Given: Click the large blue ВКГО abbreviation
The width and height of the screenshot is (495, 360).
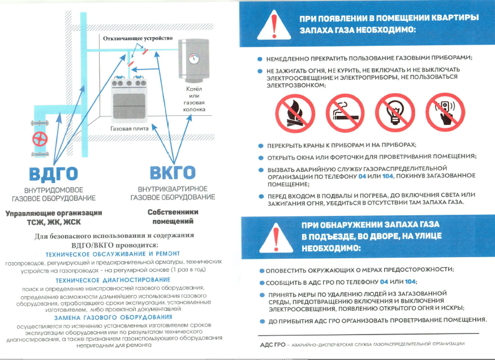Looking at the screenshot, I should tap(173, 173).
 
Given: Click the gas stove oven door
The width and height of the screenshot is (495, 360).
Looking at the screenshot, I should tap(130, 104).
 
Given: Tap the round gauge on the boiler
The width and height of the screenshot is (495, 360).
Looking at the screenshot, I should tap(194, 58).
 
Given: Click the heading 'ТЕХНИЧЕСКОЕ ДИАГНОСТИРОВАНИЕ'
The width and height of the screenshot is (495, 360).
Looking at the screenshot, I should tap(112, 280).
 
